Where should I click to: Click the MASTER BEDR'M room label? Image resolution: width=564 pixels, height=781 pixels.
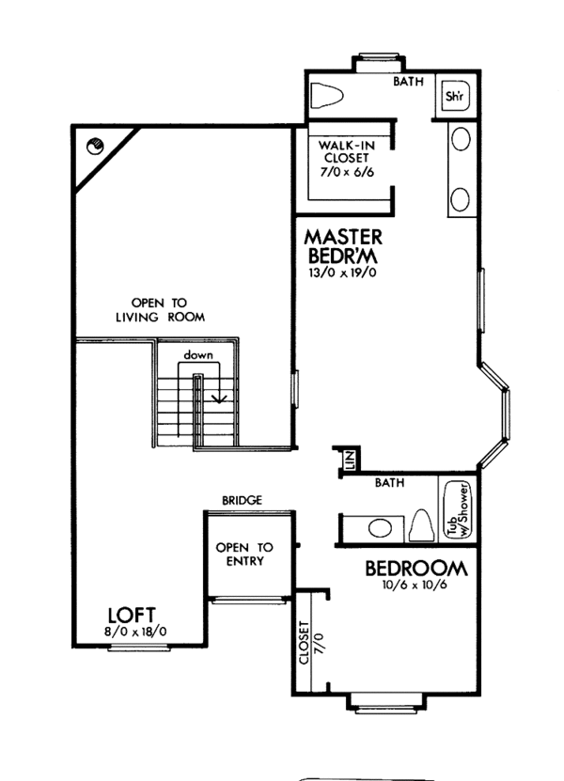coord(342,244)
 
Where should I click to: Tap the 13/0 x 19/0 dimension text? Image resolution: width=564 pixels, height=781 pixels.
coord(342,273)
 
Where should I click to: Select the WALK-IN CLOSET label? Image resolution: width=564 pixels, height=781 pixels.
coord(349,159)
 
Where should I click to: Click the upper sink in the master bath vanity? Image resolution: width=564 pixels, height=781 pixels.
coord(461,140)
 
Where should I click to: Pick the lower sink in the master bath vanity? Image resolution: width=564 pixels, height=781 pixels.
coord(461,198)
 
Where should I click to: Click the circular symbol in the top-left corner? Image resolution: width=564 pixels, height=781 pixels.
coord(94,145)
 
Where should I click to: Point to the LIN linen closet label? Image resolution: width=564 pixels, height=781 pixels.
coord(350,460)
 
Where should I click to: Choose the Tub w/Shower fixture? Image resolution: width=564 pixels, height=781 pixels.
coord(456,511)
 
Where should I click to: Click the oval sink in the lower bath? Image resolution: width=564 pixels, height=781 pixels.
coord(380,527)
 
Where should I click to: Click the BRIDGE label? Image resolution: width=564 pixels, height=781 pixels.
coord(242,501)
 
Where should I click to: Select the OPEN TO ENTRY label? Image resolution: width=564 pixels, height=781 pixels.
coord(244,555)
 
